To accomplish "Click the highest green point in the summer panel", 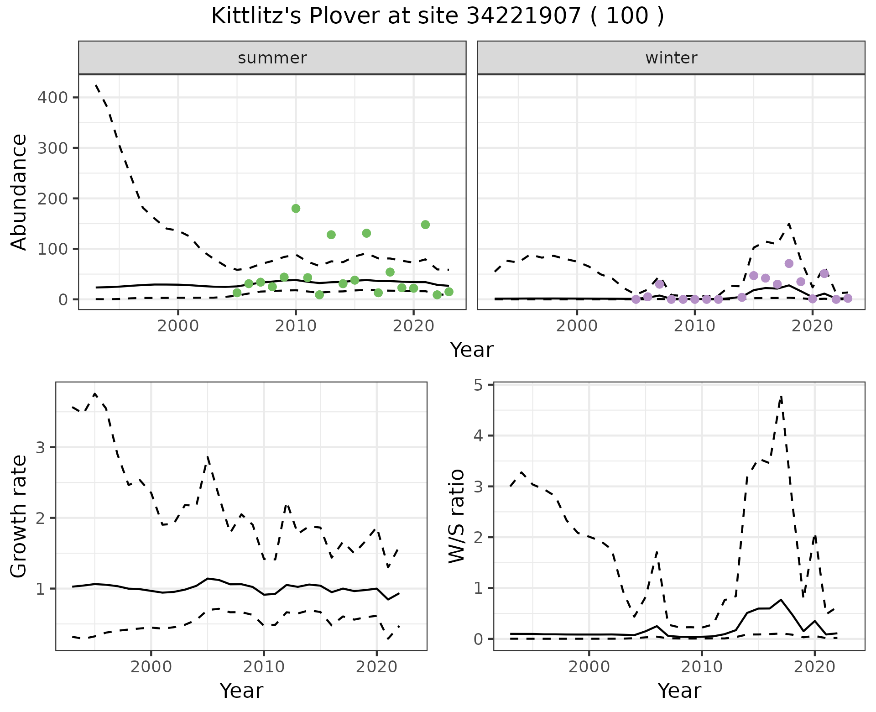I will (296, 209).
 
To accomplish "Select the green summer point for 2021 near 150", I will (425, 225).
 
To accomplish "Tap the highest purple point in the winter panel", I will (789, 263).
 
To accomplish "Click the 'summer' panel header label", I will (272, 58).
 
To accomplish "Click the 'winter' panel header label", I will (671, 58).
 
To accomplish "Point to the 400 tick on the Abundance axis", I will (53, 98).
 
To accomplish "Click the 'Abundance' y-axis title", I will (19, 192).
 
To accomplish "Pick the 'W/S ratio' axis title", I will (457, 516).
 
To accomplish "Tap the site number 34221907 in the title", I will (524, 16).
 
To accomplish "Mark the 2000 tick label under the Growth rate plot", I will (151, 667).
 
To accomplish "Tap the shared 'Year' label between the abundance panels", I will (472, 350).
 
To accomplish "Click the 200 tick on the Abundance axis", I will (53, 199).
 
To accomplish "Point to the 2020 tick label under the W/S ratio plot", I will (815, 667).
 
